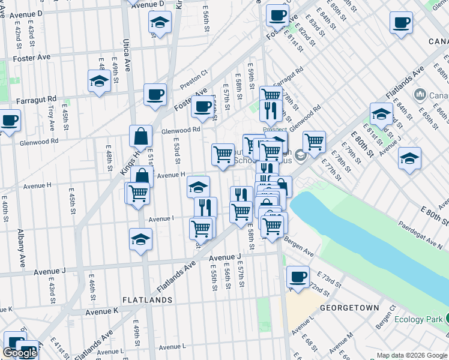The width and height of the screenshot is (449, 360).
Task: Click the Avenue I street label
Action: pyautogui.click(x=161, y=218)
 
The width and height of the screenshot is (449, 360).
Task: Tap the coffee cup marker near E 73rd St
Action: pyautogui.click(x=297, y=277)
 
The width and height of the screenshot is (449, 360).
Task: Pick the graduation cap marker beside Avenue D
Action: pyautogui.click(x=159, y=22)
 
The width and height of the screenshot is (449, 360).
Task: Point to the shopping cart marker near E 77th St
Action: pyautogui.click(x=314, y=142)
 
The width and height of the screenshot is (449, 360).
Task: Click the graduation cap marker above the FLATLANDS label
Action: pyautogui.click(x=141, y=239)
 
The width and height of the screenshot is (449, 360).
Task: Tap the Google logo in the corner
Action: pyautogui.click(x=20, y=353)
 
